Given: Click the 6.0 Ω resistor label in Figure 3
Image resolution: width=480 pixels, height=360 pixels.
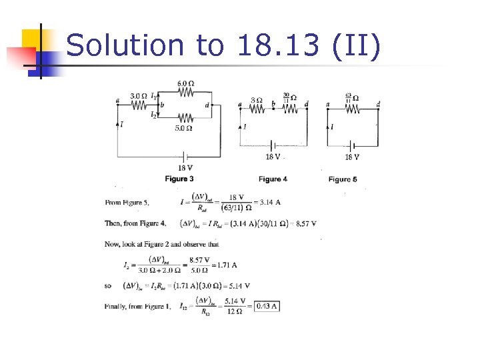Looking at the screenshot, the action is [185, 83].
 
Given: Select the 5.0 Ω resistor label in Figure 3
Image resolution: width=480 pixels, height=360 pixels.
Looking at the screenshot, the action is [184, 128].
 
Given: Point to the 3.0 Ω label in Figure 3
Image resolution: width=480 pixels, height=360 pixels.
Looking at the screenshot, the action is [139, 96].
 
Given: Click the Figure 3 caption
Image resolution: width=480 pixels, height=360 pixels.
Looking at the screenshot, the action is [179, 179].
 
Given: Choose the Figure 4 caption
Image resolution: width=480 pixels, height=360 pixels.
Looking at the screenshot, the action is [273, 179].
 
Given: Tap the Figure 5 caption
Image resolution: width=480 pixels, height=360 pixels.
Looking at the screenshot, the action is [343, 179].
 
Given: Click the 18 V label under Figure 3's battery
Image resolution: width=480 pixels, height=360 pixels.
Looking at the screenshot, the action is [185, 167].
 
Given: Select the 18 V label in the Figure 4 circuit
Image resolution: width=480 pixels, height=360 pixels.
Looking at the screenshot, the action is [273, 157].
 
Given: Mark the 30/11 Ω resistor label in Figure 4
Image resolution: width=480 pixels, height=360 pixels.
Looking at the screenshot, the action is [289, 98].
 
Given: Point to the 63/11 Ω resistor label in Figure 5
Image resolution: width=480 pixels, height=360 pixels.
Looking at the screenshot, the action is [351, 98].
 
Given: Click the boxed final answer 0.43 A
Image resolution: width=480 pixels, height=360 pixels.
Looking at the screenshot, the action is [265, 306].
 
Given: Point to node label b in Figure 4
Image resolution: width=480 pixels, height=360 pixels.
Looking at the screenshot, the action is [273, 104].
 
